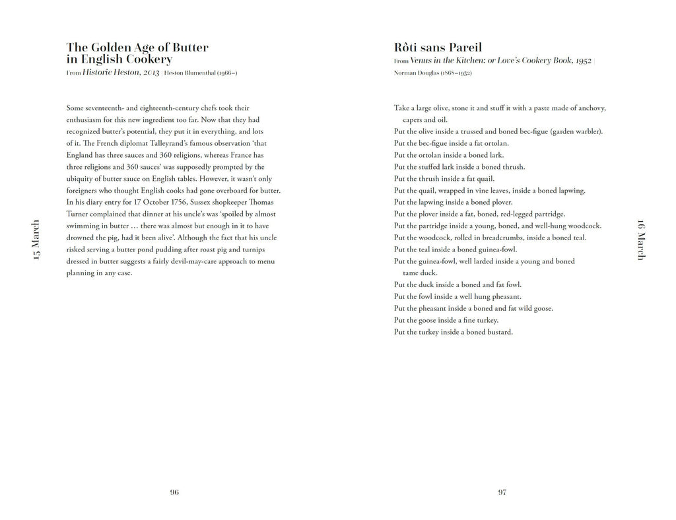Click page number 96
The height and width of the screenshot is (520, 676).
point(174,492)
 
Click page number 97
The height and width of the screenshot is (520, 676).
point(502,492)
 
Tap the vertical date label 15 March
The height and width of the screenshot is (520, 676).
point(36,240)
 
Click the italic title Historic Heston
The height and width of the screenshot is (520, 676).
point(121,73)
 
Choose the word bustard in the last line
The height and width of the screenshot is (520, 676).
point(500,332)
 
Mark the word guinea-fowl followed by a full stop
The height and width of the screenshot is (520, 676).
point(498,249)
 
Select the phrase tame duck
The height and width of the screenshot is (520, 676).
point(420,273)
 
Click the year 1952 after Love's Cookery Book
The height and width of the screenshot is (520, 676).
point(582,60)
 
